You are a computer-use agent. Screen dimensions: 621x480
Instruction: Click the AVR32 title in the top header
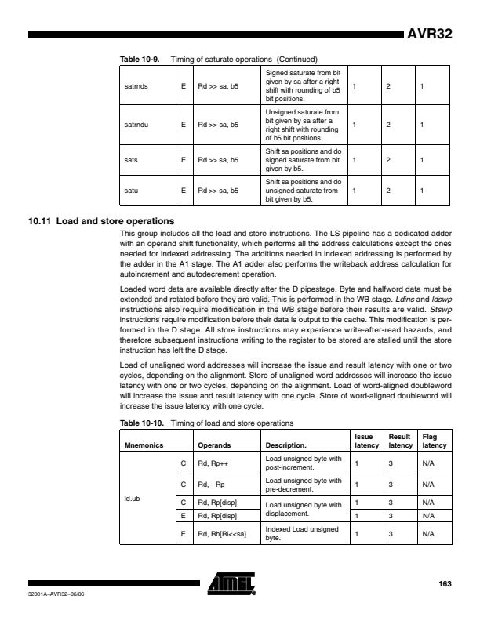tap(428, 34)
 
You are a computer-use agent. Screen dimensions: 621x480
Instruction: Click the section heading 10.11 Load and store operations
tap(100, 220)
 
